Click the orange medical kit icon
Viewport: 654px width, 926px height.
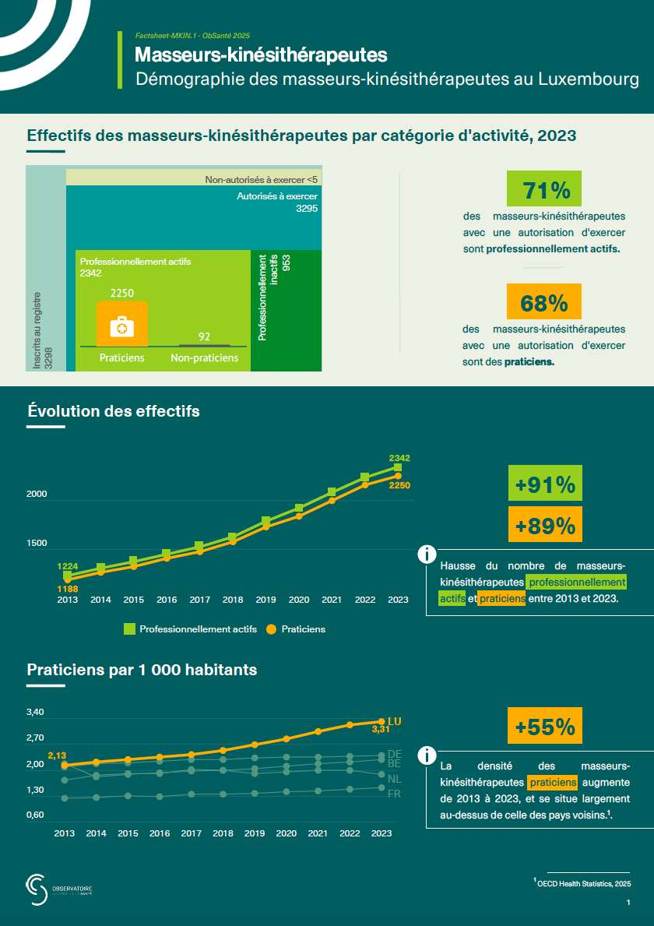click(121, 326)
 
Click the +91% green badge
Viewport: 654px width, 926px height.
click(545, 485)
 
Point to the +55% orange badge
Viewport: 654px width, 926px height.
click(545, 727)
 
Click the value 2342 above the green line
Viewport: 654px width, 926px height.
click(399, 457)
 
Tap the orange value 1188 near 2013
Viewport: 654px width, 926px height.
click(67, 590)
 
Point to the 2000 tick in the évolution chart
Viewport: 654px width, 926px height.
click(37, 495)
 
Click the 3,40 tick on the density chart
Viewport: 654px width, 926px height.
click(36, 713)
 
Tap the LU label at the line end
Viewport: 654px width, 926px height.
click(394, 721)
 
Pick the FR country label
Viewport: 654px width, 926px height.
click(394, 794)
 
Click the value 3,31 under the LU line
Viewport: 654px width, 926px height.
click(381, 730)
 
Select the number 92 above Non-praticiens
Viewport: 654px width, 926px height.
click(205, 336)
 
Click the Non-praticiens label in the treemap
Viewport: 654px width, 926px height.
click(204, 357)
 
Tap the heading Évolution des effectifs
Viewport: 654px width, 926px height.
click(114, 410)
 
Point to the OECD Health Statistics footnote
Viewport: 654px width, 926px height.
click(584, 883)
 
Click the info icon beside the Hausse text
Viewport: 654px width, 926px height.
click(427, 555)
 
